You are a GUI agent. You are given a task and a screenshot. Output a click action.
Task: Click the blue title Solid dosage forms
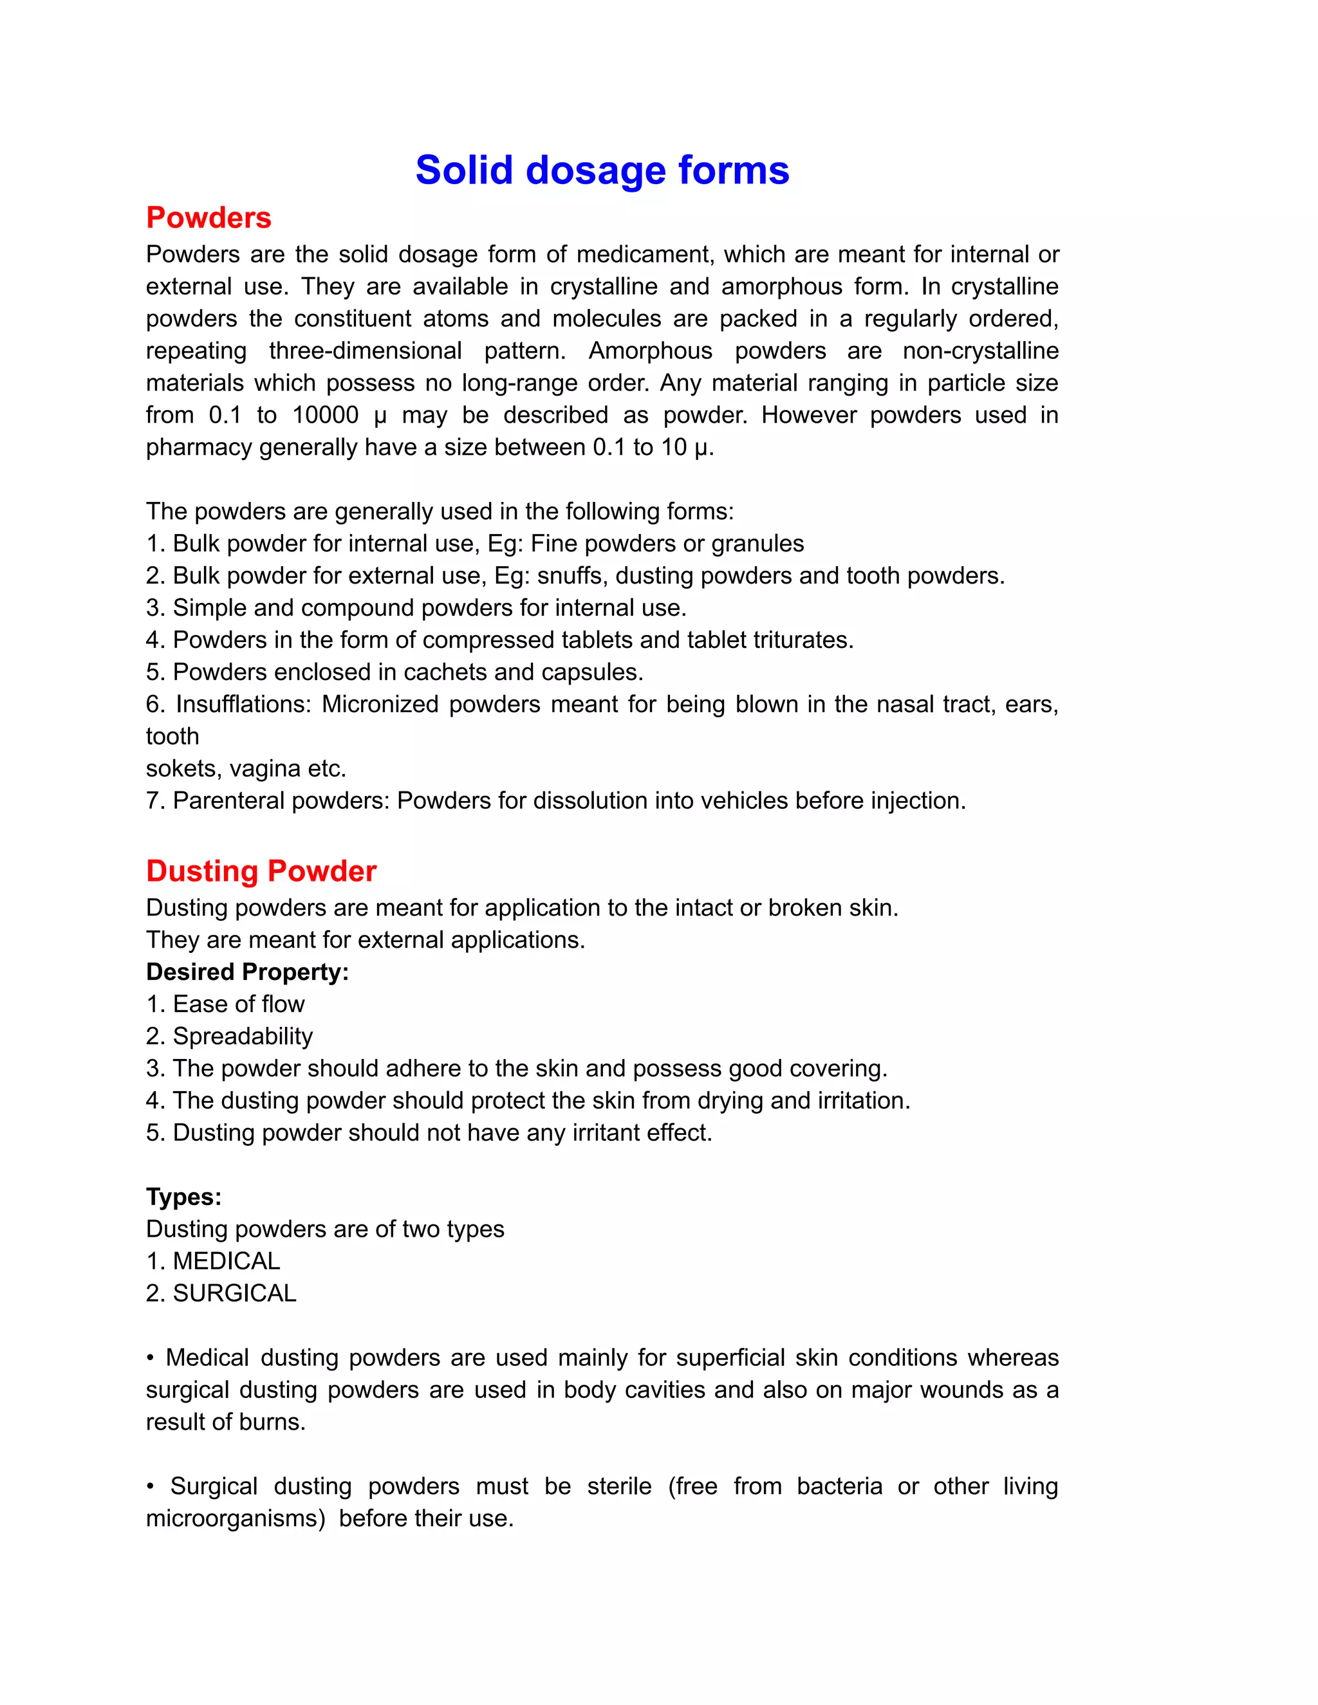click(x=602, y=170)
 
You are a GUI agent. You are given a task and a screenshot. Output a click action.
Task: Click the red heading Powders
click(x=209, y=218)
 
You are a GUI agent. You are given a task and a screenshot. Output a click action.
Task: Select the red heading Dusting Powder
click(x=261, y=871)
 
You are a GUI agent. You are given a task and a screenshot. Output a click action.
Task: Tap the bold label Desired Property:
click(x=246, y=972)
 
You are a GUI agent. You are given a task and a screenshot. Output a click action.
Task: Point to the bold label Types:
click(x=183, y=1197)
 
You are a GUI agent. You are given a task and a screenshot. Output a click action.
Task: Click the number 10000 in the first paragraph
click(x=325, y=416)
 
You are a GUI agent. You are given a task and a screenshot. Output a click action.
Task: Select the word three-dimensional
click(x=366, y=351)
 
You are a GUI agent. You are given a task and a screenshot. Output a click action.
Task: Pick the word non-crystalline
click(x=980, y=351)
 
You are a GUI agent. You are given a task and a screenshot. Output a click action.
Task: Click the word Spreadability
click(x=243, y=1037)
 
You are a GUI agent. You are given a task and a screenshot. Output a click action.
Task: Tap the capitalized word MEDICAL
click(x=227, y=1262)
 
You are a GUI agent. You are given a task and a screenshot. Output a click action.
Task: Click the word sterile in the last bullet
click(x=619, y=1486)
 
